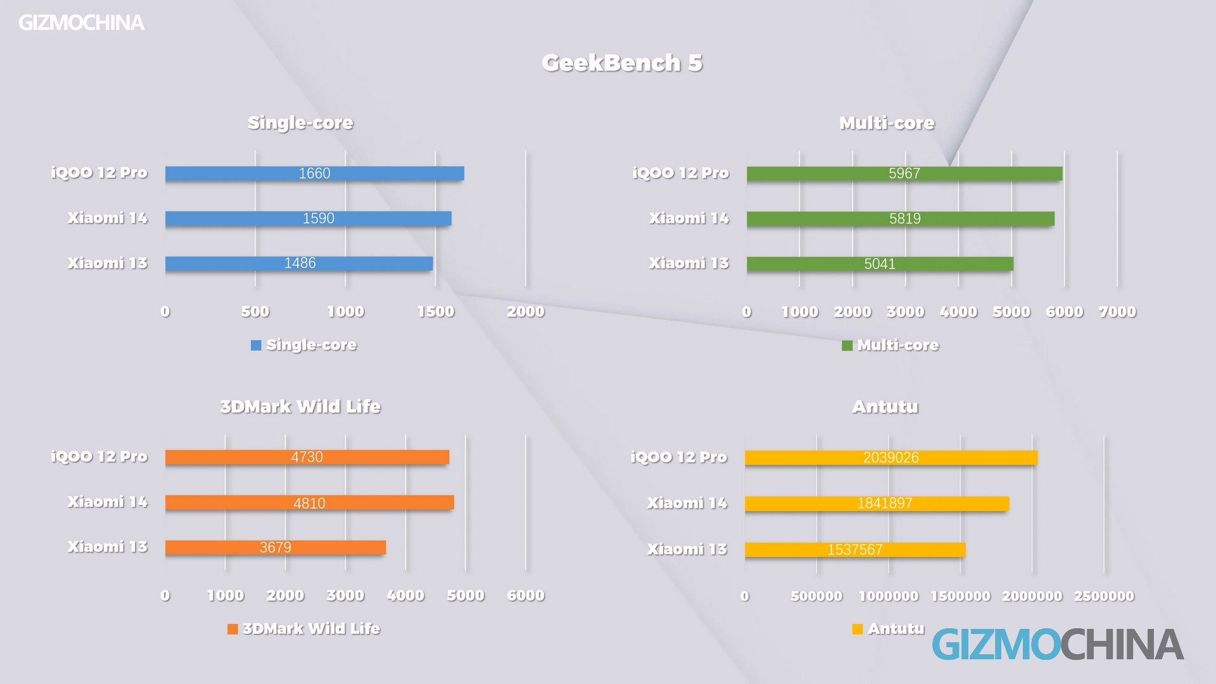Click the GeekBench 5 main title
click(622, 63)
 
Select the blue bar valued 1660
click(314, 174)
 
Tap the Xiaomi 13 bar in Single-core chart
click(299, 263)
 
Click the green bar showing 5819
click(900, 218)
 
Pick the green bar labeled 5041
click(880, 263)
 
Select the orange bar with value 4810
click(309, 502)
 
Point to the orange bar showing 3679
click(275, 547)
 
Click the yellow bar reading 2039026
click(890, 457)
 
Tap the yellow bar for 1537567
click(854, 549)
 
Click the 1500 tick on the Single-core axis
click(436, 312)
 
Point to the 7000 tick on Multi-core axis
click(1117, 312)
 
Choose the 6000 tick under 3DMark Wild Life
click(526, 595)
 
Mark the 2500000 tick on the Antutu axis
click(1104, 596)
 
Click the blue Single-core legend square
click(256, 345)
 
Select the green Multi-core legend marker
click(847, 346)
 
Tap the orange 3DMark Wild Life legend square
click(232, 629)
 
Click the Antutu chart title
click(885, 407)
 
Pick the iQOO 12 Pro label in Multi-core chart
click(681, 173)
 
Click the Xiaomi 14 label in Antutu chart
click(687, 503)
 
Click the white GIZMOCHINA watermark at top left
click(81, 23)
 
